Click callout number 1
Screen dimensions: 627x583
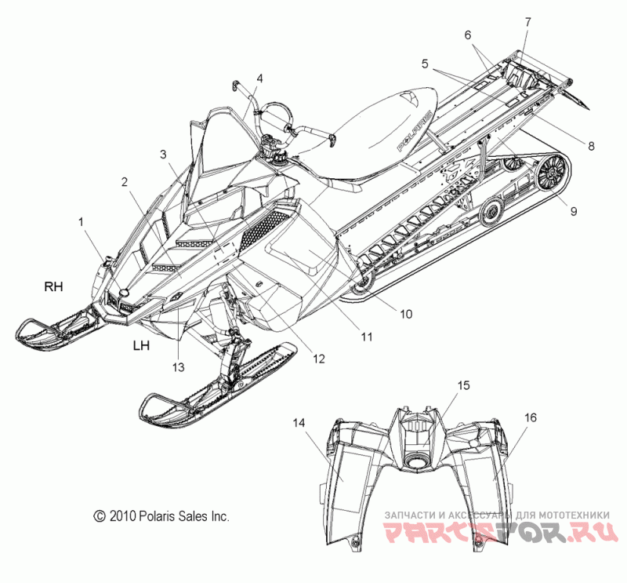click(82, 221)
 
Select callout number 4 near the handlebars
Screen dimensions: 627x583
click(260, 78)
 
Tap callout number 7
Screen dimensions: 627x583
click(528, 22)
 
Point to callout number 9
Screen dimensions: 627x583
click(574, 211)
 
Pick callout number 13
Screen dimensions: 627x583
click(179, 366)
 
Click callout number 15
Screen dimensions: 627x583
click(463, 385)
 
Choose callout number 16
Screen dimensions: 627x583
click(531, 417)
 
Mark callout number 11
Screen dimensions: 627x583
click(367, 337)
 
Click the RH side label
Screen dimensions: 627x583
click(53, 286)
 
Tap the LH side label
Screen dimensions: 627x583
click(142, 345)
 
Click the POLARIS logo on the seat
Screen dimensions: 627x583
click(414, 131)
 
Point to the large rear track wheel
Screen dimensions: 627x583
click(553, 172)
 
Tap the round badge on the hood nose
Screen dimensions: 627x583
click(124, 292)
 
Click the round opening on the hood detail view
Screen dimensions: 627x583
click(417, 461)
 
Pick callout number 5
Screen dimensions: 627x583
click(425, 64)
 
